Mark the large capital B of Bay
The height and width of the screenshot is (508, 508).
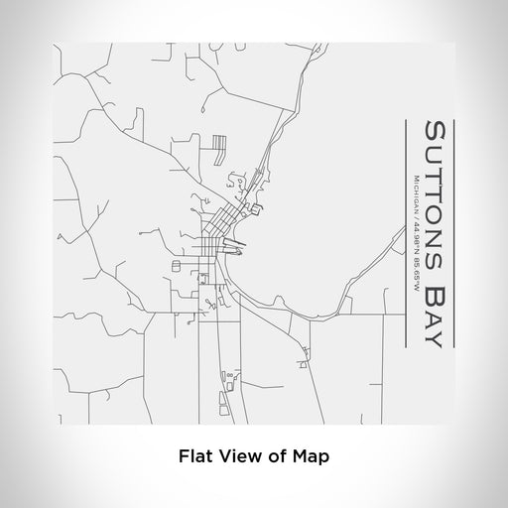click(x=435, y=293)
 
